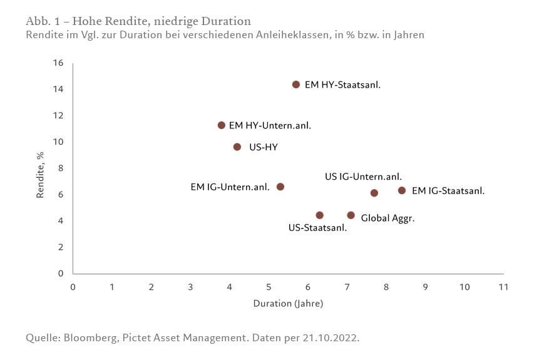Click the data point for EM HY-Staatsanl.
[296, 85]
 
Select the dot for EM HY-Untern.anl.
[222, 125]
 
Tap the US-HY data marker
[237, 147]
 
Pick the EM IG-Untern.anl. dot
[280, 187]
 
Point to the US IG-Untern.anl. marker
[374, 193]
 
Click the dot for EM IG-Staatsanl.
[402, 190]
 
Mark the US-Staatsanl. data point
[320, 215]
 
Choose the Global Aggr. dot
[351, 215]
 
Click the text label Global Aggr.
[388, 219]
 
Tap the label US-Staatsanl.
[317, 228]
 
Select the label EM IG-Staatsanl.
[448, 190]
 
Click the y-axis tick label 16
[59, 63]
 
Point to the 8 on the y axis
[61, 168]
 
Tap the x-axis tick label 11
[503, 287]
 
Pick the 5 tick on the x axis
[269, 287]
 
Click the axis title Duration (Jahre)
[288, 304]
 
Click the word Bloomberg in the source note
[90, 338]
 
